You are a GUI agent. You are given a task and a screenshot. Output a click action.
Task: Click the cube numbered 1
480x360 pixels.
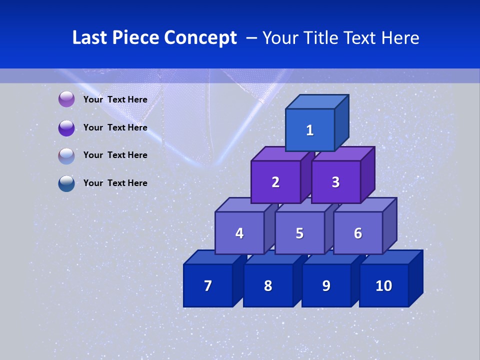click(310, 130)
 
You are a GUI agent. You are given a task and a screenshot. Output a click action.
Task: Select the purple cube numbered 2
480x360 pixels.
click(275, 182)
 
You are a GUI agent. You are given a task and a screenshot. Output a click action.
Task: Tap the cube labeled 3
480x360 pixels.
click(335, 182)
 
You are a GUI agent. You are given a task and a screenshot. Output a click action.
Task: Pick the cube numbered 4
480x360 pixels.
click(239, 233)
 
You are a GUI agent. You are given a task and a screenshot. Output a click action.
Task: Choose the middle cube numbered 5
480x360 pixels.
click(299, 233)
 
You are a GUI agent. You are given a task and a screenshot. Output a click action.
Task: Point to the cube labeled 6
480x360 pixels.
click(358, 233)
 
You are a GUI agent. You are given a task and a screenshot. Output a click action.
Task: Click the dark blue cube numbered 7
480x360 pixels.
click(208, 285)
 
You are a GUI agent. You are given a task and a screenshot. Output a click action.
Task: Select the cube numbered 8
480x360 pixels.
click(268, 285)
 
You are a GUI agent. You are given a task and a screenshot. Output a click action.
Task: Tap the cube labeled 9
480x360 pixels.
click(326, 285)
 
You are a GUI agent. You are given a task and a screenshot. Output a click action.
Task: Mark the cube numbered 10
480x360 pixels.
click(383, 285)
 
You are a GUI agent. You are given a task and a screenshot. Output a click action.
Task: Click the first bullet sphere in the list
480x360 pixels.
click(66, 99)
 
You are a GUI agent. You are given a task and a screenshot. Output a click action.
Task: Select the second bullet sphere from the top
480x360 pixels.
click(66, 127)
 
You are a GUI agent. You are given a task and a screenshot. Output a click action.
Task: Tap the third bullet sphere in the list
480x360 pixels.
click(66, 155)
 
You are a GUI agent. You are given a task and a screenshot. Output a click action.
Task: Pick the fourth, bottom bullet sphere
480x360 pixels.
click(66, 183)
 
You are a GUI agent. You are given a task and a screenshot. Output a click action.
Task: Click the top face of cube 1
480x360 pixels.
click(317, 102)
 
